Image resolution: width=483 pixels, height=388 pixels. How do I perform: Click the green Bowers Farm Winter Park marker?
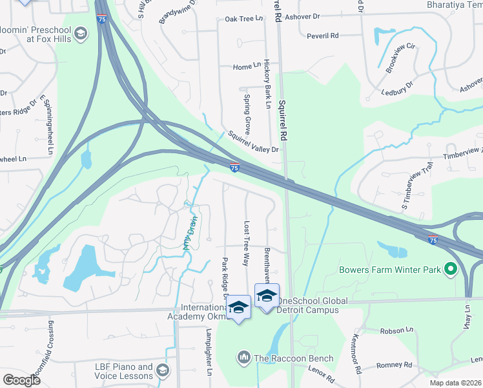coord(451,269)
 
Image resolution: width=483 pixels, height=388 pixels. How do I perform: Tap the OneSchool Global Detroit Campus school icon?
coord(267,296)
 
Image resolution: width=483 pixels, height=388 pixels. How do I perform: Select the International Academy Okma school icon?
coord(238,307)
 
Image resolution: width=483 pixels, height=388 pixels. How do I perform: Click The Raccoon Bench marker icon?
coord(244,357)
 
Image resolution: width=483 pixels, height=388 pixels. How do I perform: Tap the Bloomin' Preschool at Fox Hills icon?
coord(80,34)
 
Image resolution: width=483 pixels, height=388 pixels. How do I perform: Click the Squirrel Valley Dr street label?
coord(253,142)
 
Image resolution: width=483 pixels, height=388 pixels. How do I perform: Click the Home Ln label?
coord(247,67)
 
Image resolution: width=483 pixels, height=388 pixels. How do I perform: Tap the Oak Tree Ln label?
coord(244,19)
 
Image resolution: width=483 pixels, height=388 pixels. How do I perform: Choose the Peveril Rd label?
coord(323,36)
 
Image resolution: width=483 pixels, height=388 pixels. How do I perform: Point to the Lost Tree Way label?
coord(246,243)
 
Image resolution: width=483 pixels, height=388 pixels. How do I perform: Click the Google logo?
coord(22,380)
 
